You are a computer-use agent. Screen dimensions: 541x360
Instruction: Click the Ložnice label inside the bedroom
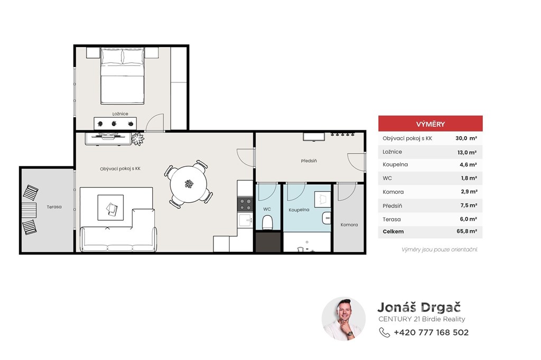(120, 114)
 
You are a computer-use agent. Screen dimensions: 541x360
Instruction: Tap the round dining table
(189, 184)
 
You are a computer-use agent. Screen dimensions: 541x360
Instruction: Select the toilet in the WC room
(267, 222)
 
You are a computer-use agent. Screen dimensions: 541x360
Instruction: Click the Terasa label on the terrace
(54, 207)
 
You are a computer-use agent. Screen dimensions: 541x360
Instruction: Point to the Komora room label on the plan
(349, 224)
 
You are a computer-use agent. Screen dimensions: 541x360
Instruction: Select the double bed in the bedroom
(122, 76)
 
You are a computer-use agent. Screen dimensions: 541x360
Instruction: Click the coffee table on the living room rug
(110, 207)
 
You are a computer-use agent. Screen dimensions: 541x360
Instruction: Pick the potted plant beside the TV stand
(138, 139)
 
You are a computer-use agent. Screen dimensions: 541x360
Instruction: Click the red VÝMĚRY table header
(430, 124)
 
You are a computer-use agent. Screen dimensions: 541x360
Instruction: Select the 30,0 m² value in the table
(466, 138)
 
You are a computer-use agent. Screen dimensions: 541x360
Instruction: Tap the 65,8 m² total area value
(467, 231)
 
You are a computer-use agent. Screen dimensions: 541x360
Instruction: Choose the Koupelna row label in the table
(395, 165)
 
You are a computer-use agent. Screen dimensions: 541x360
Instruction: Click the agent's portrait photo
(343, 319)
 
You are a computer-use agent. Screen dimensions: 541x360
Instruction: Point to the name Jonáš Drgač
(419, 307)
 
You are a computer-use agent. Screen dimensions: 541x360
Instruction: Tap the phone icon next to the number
(385, 333)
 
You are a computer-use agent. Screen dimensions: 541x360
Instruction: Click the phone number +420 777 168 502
(431, 333)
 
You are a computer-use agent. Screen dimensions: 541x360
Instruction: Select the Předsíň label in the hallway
(309, 160)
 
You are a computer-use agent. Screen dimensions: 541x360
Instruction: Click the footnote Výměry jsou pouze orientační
(440, 249)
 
